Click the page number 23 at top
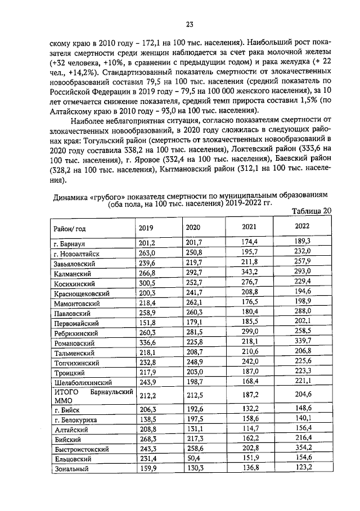[190, 24]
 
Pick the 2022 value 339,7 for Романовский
[302, 341]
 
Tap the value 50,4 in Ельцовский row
[193, 458]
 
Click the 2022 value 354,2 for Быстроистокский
[302, 447]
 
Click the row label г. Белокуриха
[76, 420]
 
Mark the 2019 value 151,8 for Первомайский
[146, 322]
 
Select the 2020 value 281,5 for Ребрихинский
[193, 332]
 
